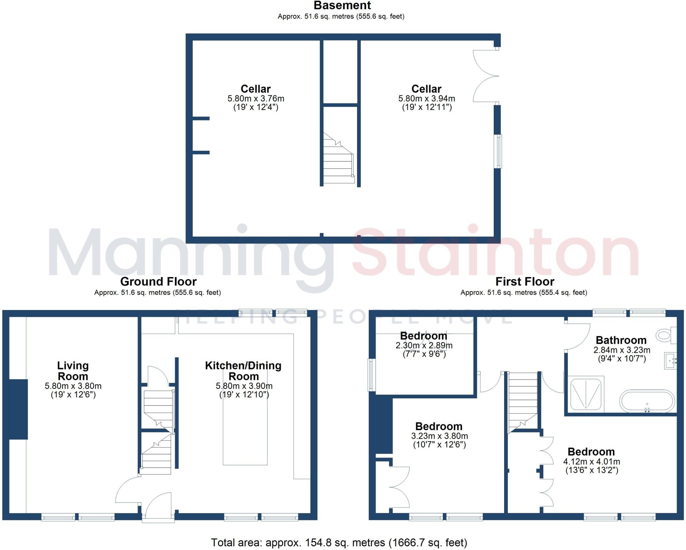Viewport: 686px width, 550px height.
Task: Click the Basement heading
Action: [x=342, y=5]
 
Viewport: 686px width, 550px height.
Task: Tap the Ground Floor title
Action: [x=158, y=281]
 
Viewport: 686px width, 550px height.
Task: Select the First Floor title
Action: [x=525, y=281]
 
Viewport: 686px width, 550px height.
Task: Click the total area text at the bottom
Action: [x=339, y=542]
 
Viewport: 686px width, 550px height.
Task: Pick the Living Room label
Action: [x=73, y=370]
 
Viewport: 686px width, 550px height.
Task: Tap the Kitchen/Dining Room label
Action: [x=243, y=370]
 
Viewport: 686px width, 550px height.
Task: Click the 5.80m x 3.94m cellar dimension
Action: [x=426, y=98]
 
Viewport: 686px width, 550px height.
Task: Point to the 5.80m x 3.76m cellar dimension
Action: [x=256, y=98]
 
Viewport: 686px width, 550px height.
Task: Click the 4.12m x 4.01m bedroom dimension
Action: [x=591, y=461]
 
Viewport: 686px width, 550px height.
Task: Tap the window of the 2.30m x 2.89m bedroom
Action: [x=371, y=375]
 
